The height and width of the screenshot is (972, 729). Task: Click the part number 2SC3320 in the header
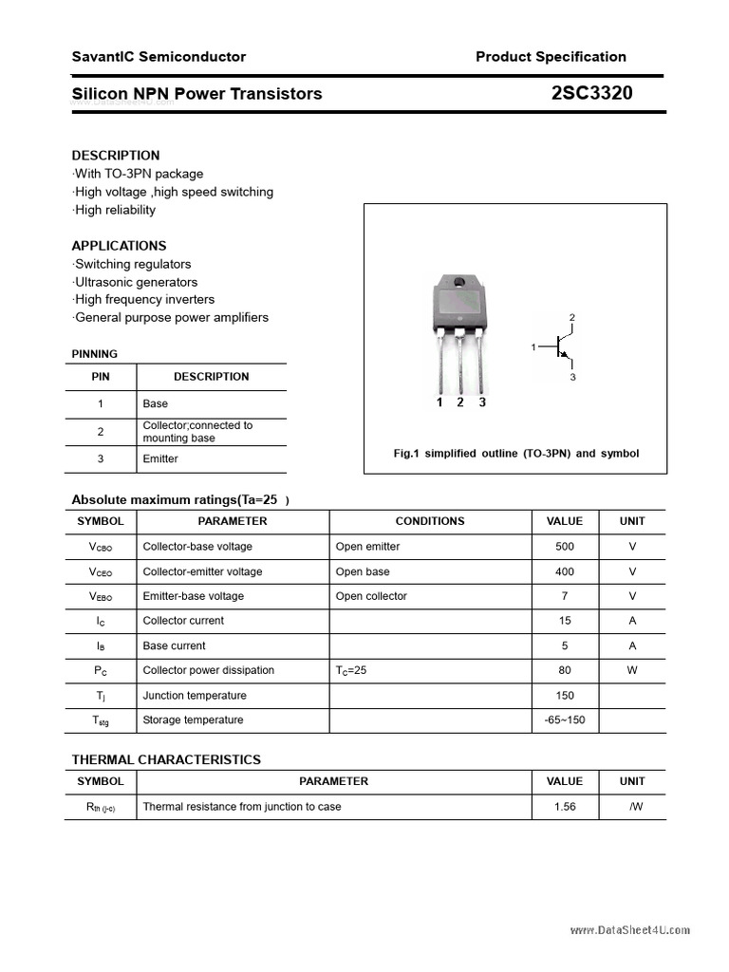[591, 93]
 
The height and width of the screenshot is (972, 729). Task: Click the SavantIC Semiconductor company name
[159, 57]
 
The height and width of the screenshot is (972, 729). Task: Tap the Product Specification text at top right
[551, 57]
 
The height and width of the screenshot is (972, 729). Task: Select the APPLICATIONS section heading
[119, 245]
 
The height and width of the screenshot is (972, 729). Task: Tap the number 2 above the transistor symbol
[572, 317]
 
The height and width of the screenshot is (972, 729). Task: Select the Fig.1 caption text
[515, 454]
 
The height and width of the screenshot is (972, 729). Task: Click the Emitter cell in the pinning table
[160, 459]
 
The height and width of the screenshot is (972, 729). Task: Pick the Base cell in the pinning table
[156, 403]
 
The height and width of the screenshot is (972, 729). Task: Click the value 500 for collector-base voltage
[565, 547]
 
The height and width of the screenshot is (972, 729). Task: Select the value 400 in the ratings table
[565, 571]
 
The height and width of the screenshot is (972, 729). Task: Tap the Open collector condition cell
[371, 596]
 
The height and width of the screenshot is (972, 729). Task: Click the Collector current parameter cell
[183, 621]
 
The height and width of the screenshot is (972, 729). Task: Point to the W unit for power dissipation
[632, 670]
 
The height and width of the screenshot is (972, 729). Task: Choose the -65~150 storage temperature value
[565, 720]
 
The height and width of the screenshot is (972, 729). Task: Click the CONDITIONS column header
[430, 521]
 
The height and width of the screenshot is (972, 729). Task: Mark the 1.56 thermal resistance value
[565, 807]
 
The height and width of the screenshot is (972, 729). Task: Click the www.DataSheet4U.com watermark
[630, 930]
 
